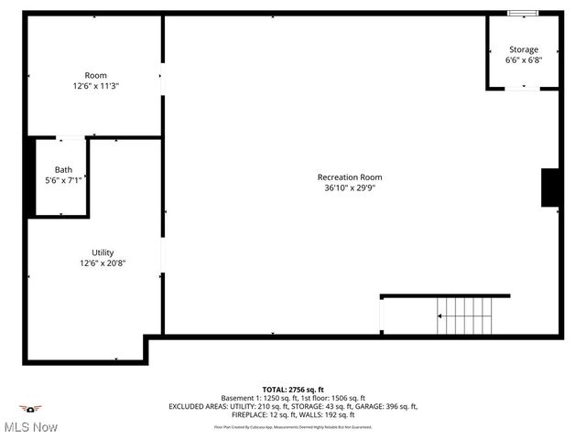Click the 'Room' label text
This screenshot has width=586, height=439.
pos(95,75)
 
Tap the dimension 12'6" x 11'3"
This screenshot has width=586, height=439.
pos(95,85)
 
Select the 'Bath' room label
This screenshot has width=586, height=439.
pos(63,169)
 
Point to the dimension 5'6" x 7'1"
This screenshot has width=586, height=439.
pos(63,179)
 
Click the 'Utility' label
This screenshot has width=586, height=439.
pos(103,252)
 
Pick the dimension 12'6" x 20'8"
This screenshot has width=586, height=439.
pos(103,262)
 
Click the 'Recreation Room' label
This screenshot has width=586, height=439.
pos(350,177)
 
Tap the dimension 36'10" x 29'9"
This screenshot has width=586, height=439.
pos(350,187)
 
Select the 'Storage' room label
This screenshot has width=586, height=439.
pos(524,49)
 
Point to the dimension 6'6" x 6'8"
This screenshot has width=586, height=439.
pos(524,59)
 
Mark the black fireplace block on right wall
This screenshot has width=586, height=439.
pos(551,187)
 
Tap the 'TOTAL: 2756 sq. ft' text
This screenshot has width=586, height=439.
pos(293,389)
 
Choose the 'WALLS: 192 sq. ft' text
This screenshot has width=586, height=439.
pos(335,415)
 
